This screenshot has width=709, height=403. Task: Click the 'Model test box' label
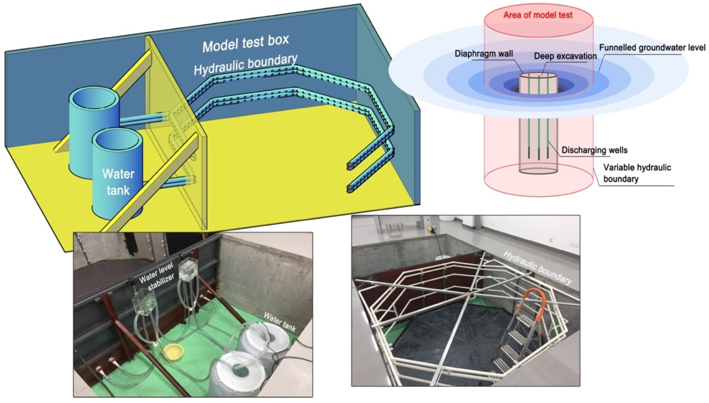click(x=246, y=44)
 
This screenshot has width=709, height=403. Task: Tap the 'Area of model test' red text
click(x=538, y=15)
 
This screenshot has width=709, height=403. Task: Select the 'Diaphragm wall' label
click(x=484, y=53)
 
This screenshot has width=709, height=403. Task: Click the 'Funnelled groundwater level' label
click(x=652, y=48)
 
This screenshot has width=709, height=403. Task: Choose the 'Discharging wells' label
click(x=594, y=150)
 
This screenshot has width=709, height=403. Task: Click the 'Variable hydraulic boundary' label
click(x=637, y=173)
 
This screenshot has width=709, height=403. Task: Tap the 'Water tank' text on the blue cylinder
click(x=118, y=182)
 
